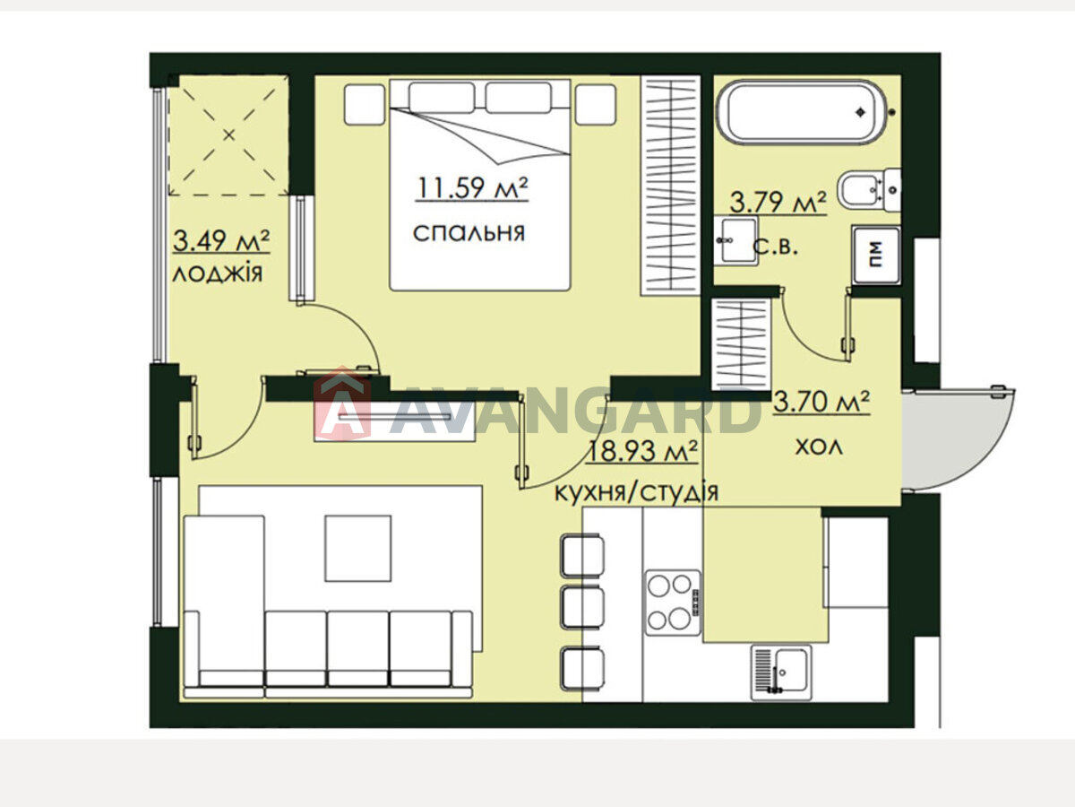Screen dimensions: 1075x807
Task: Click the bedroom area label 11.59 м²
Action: click(472, 187)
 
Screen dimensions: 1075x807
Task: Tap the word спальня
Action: click(469, 233)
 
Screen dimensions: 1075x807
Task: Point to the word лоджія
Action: click(218, 273)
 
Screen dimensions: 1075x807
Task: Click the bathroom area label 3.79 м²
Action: click(778, 203)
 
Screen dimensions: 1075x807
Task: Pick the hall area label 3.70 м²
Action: click(821, 402)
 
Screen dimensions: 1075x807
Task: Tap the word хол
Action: click(819, 447)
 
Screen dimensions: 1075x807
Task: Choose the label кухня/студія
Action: click(636, 492)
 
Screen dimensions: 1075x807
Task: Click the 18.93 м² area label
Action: click(641, 451)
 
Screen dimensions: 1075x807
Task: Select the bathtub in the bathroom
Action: click(802, 113)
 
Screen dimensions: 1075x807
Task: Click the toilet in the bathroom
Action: click(869, 190)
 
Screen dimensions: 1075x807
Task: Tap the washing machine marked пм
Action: click(875, 255)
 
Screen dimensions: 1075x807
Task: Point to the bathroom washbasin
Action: click(735, 240)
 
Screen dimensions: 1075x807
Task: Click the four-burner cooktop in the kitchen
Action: click(673, 603)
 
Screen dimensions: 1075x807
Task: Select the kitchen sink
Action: click(781, 672)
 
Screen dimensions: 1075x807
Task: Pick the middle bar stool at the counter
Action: click(581, 608)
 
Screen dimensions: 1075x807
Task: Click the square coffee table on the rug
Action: click(358, 548)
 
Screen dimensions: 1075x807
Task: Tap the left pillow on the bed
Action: click(442, 98)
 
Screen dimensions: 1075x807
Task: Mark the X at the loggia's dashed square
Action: click(228, 134)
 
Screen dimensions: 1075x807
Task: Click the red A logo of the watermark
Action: click(342, 403)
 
